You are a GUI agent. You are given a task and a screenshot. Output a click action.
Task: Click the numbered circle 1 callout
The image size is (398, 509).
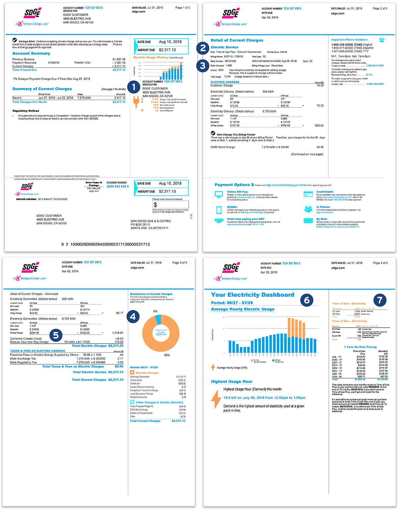pos(134,87)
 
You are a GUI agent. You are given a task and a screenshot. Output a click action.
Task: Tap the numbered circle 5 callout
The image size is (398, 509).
pos(56,335)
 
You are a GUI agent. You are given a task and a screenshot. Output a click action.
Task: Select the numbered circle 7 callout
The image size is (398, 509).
pos(380,300)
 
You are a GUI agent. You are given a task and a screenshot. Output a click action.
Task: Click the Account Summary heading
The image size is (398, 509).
pos(31,53)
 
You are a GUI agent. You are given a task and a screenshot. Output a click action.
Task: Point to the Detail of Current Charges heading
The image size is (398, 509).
pos(237,40)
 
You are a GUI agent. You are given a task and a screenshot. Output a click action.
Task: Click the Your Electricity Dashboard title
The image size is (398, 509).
pos(252,295)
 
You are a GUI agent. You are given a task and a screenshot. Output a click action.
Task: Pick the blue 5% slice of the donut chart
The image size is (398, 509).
pos(158,319)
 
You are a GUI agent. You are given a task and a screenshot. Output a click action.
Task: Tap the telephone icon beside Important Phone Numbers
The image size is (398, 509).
pos(382,40)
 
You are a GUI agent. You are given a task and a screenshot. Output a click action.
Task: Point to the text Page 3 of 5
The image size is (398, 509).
pos(179,263)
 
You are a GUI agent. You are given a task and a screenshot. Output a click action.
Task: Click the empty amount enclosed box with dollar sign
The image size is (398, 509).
pos(170,205)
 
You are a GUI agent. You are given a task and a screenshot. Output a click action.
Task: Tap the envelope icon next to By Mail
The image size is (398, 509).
pos(308,221)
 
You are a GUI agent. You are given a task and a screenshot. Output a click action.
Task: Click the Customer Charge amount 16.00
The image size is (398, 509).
pos(320,86)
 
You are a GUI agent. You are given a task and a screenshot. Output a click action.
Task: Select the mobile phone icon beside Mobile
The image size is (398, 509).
pos(219,210)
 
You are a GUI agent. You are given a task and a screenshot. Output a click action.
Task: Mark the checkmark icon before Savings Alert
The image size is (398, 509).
pos(15,40)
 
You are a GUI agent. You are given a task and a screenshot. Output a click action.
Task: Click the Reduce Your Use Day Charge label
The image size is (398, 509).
pos(29,342)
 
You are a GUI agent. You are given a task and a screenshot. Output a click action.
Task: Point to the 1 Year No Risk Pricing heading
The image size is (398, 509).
pos(360,347)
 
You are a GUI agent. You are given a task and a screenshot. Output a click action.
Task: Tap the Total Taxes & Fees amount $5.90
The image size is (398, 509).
pos(119,366)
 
